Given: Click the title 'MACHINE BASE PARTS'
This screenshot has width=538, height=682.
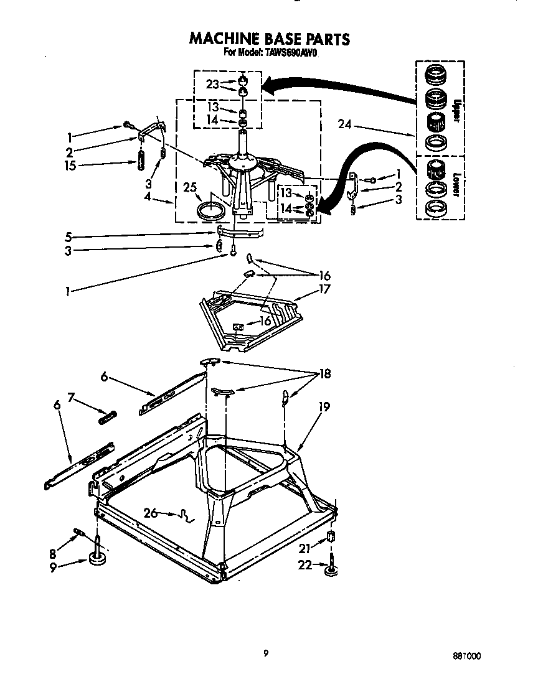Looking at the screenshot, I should coord(269,39).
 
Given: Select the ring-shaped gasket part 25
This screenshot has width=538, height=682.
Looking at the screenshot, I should coord(210,210).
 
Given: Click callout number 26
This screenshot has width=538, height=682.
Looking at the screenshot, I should coord(150,513).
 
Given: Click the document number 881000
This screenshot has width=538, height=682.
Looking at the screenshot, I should coord(466,656).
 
